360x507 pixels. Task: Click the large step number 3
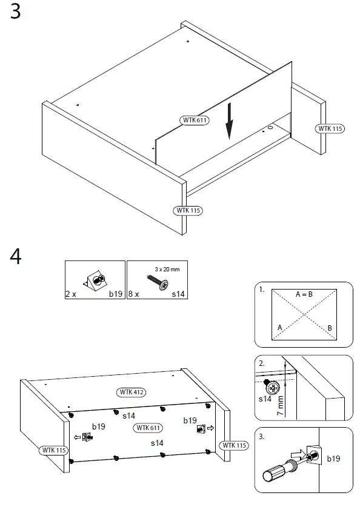coord(16,12)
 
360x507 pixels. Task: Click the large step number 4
coord(16,256)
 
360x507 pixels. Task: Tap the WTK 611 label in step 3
coord(195,120)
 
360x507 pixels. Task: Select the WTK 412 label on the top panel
coord(131,392)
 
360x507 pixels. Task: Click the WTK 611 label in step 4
coord(149,428)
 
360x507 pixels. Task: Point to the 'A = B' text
coord(304,294)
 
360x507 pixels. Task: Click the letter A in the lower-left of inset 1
coord(279,327)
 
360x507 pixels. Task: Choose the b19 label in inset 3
coord(333,459)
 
